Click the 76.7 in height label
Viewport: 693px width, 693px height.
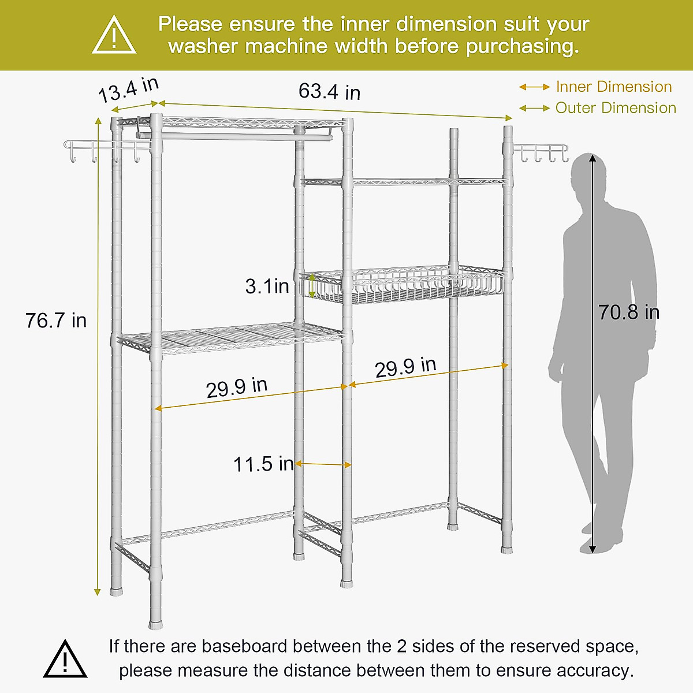(x=56, y=321)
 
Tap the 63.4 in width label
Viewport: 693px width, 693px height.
(x=329, y=91)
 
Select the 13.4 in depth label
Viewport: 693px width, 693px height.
(x=128, y=90)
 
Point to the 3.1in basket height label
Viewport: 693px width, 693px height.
(x=267, y=286)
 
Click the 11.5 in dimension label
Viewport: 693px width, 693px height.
(x=263, y=464)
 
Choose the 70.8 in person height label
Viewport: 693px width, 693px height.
(x=628, y=312)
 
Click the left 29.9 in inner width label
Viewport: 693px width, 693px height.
(x=237, y=388)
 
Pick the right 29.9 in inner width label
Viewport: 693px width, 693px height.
(x=405, y=367)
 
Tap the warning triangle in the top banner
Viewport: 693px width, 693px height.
(x=114, y=36)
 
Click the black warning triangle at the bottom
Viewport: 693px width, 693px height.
(x=65, y=660)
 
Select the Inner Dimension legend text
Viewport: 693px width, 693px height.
(x=614, y=87)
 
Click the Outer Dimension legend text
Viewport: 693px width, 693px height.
(x=616, y=108)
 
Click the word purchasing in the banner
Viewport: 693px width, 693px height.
(x=522, y=47)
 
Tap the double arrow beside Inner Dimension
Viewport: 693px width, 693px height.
(x=534, y=87)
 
